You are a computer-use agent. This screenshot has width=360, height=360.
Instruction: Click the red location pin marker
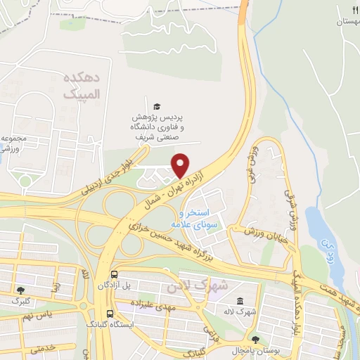click(181, 146)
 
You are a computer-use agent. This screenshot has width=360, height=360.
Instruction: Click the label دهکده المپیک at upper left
click(82, 84)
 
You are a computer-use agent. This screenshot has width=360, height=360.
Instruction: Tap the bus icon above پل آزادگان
click(113, 275)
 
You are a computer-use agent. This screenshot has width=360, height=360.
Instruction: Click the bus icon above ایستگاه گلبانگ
click(109, 314)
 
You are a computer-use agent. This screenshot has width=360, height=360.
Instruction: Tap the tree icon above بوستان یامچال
click(254, 339)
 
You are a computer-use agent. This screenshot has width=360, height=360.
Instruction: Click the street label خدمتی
click(44, 347)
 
